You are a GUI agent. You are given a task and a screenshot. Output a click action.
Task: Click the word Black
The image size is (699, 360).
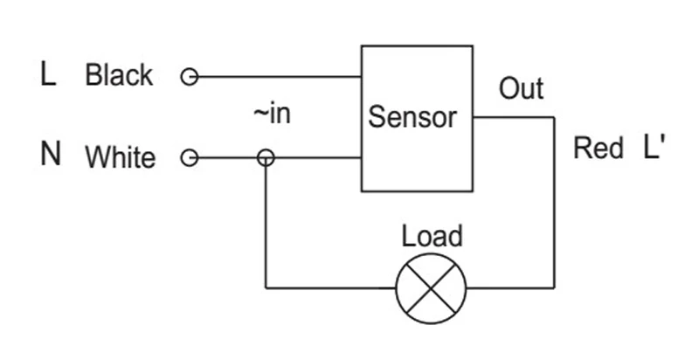pos(119,75)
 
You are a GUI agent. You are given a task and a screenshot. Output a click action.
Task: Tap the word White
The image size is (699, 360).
pos(121,156)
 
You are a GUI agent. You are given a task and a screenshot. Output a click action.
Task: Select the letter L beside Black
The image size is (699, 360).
pos(48,74)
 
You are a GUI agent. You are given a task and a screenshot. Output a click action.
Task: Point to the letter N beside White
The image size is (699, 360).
pos(51,154)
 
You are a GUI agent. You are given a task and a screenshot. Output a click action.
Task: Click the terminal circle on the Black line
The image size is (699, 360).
pos(189,77)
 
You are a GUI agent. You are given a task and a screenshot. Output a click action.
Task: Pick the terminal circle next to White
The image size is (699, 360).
pos(189,158)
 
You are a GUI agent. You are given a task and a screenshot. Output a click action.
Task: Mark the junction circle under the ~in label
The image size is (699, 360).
pos(266,158)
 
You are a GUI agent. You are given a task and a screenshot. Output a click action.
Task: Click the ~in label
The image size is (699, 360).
pos(272,114)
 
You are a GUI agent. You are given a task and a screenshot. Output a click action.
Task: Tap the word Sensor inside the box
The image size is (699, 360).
pos(412,117)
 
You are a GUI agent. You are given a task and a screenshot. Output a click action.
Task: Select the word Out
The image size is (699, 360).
pos(521,88)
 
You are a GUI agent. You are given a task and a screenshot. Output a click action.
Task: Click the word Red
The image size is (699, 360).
pos(598,148)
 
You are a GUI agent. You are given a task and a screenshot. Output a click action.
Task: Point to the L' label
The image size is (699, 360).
pos(654,147)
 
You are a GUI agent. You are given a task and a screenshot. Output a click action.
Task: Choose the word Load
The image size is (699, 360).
pos(432,236)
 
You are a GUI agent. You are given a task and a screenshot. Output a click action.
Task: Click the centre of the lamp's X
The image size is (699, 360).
pos(431,288)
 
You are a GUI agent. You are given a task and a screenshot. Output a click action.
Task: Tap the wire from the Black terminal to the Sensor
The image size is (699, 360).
pos(280,77)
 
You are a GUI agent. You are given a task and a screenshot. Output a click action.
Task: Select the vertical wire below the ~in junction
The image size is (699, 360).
pos(266,227)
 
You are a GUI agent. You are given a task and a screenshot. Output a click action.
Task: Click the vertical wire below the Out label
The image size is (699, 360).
pos(554,203)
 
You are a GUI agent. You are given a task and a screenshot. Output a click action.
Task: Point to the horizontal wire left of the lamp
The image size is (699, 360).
pos(331,288)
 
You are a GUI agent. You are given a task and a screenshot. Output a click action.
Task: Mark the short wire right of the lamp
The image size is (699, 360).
pos(510,288)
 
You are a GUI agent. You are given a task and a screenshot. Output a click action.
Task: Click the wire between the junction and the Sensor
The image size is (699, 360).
pos(318,157)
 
